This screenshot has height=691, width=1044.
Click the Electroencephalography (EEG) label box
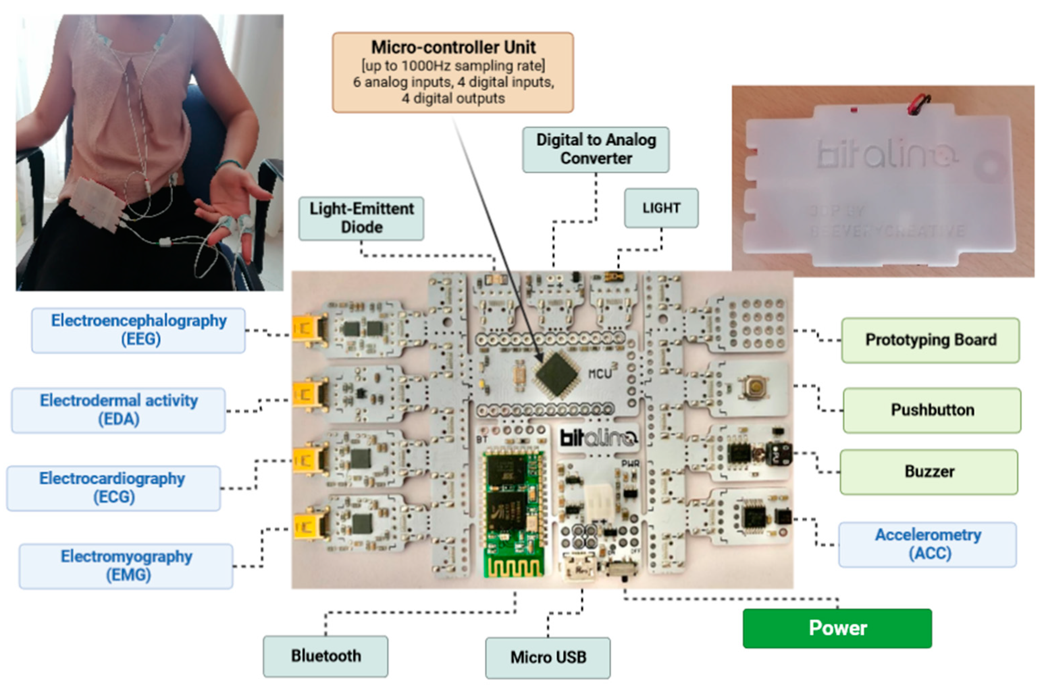pos(138,330)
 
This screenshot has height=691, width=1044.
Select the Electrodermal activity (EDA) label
pos(119,410)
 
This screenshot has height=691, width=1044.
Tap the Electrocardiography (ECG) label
pos(113,488)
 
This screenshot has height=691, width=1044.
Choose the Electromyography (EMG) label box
pos(126,566)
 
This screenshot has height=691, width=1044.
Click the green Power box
pos(837,628)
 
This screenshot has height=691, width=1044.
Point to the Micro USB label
pos(548,658)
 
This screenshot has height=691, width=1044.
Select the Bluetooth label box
pos(325,656)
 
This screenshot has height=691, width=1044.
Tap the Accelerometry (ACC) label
pos(928,544)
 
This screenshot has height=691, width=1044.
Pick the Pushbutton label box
pos(932,410)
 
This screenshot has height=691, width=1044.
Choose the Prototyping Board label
pos(930,340)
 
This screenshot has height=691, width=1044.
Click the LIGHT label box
pos(661,208)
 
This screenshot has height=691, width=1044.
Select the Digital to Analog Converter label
pos(596,149)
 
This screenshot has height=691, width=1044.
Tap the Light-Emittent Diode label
pos(361,218)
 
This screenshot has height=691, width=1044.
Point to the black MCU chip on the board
pos(556,375)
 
